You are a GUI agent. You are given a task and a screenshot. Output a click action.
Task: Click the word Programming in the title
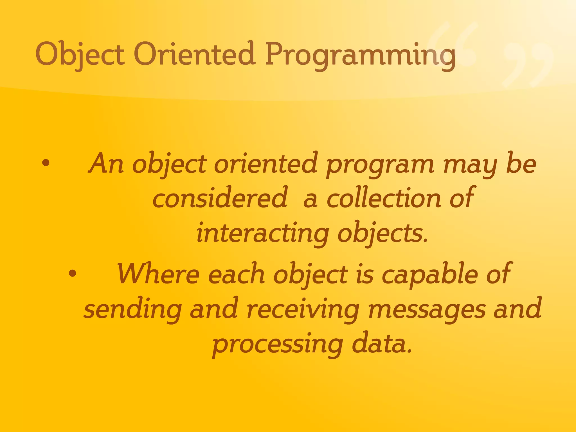360,55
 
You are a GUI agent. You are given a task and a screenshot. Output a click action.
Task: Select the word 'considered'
220,198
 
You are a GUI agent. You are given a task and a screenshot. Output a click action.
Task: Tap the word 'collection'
384,198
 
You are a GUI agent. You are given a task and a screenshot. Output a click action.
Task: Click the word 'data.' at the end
382,345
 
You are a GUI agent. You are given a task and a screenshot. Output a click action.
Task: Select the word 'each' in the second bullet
236,274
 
